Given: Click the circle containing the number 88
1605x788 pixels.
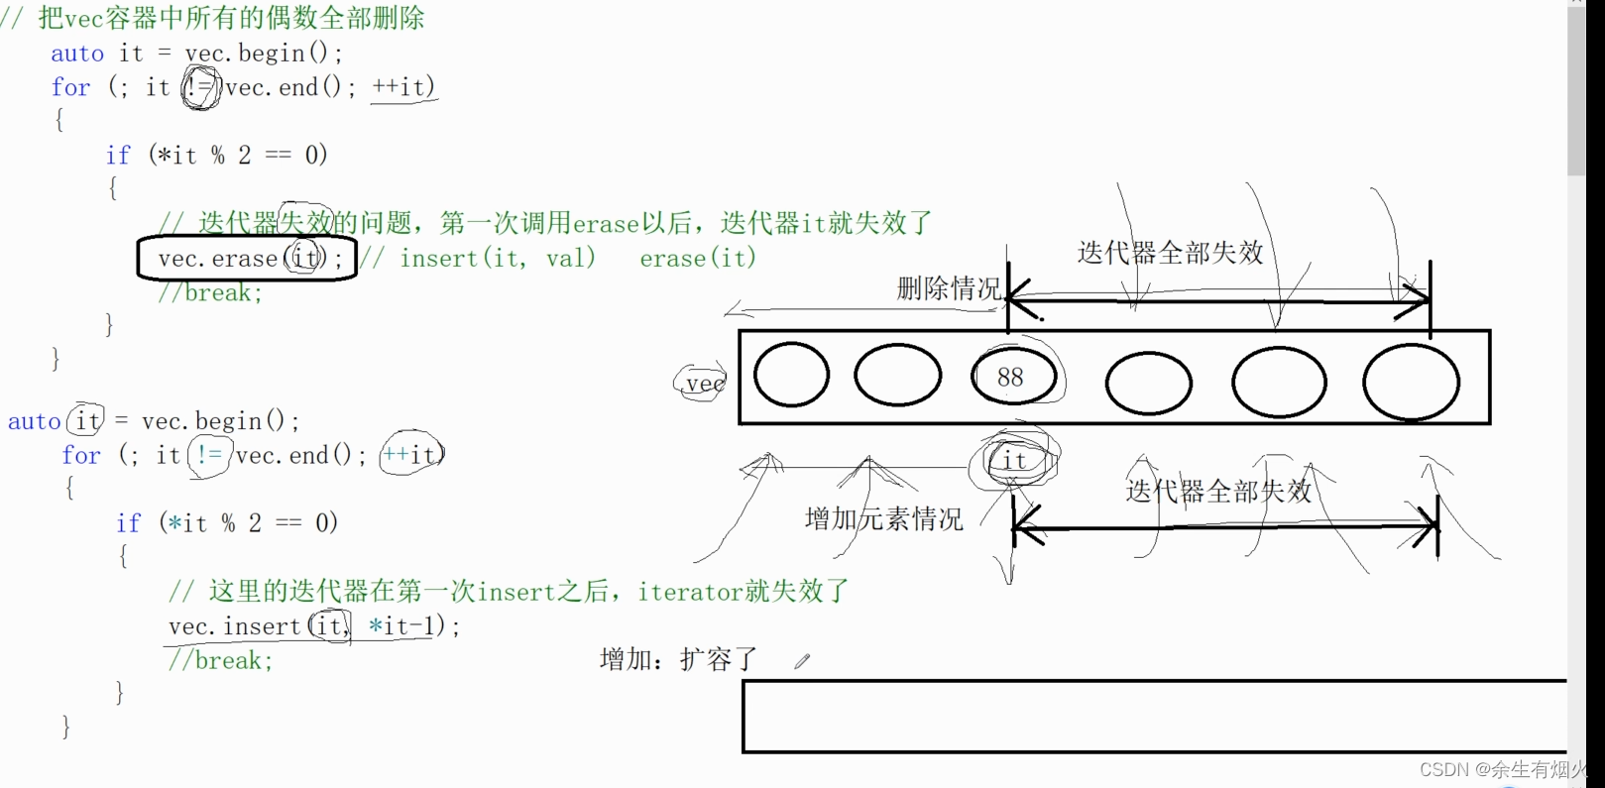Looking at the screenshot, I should pyautogui.click(x=1011, y=377).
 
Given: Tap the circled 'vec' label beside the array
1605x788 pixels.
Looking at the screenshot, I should pyautogui.click(x=703, y=384).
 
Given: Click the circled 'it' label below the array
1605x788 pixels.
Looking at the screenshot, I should pyautogui.click(x=1014, y=460).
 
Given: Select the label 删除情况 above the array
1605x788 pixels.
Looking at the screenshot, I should pyautogui.click(x=949, y=288).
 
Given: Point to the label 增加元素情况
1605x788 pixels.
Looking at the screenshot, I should pyautogui.click(x=883, y=518).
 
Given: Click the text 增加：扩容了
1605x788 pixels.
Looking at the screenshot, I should pyautogui.click(x=679, y=659).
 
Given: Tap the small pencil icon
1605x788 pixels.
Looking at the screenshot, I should pyautogui.click(x=802, y=661).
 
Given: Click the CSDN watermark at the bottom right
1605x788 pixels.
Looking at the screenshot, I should pyautogui.click(x=1502, y=769).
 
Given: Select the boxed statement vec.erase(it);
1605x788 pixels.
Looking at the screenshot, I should pyautogui.click(x=247, y=259).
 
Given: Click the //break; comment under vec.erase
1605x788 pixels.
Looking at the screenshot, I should pyautogui.click(x=209, y=292).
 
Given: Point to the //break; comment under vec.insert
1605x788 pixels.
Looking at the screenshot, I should pyautogui.click(x=220, y=660).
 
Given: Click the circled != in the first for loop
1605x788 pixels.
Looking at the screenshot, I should pyautogui.click(x=200, y=88).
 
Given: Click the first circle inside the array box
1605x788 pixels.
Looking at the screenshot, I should pyautogui.click(x=791, y=376).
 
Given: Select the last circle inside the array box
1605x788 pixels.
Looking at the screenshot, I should pyautogui.click(x=1411, y=381).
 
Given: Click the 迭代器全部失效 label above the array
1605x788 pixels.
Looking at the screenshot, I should pyautogui.click(x=1170, y=253).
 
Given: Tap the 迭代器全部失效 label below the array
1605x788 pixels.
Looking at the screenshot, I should pyautogui.click(x=1218, y=491).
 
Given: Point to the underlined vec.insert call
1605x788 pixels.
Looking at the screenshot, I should pyautogui.click(x=313, y=626).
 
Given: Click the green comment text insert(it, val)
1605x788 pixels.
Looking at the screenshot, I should pyautogui.click(x=498, y=259).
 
